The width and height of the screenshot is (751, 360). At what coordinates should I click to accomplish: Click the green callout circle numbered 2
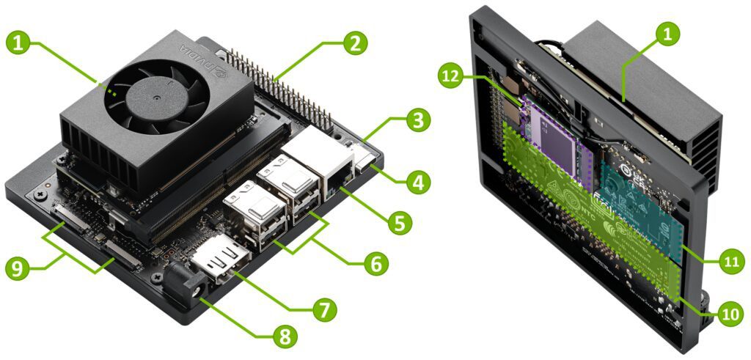[355, 43]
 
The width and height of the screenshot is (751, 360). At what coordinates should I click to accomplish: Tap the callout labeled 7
[323, 309]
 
